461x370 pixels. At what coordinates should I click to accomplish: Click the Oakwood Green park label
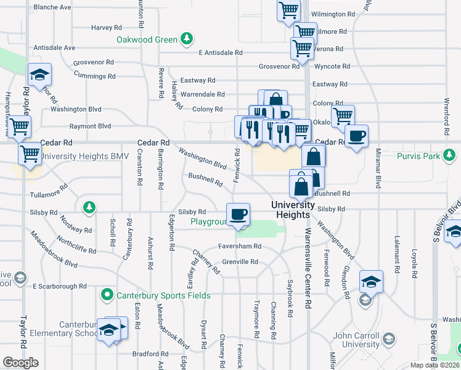[x=147, y=40]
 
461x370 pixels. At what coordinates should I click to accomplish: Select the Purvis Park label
[x=418, y=156]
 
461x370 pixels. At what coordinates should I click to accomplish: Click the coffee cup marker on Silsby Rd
[x=238, y=215]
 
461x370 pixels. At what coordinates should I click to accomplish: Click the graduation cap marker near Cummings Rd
[x=39, y=75]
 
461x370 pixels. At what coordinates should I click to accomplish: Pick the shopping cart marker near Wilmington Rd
[x=288, y=10]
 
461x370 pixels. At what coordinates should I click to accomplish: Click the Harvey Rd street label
[x=106, y=28]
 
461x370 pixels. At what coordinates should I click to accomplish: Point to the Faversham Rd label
[x=240, y=246]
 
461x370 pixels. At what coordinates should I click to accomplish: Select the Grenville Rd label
[x=240, y=261]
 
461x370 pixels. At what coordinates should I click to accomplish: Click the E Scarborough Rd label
[x=60, y=287]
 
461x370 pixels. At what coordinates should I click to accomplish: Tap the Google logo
[x=20, y=363]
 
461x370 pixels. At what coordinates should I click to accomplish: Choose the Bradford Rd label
[x=145, y=354]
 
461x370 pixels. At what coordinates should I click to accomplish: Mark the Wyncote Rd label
[x=332, y=66]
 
